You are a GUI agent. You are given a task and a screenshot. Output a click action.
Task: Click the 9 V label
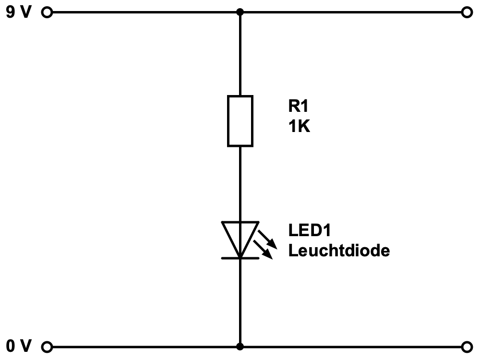(x=19, y=12)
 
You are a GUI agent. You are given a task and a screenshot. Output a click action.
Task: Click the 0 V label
(x=19, y=346)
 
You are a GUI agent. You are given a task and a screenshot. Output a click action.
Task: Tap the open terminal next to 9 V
(x=47, y=12)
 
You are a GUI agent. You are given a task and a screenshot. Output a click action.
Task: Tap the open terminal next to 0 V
(x=47, y=346)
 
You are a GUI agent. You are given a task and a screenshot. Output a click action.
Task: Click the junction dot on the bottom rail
(x=240, y=346)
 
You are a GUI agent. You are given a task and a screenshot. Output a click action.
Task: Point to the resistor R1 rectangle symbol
(x=240, y=120)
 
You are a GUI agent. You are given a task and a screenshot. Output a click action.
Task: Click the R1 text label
(x=297, y=107)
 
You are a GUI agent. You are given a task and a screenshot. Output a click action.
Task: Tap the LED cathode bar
(x=240, y=258)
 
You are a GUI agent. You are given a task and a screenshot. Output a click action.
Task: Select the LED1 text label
(x=310, y=230)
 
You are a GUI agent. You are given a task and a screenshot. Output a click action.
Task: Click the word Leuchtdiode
(x=339, y=251)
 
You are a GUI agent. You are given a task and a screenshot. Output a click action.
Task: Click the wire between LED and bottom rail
(x=240, y=302)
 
